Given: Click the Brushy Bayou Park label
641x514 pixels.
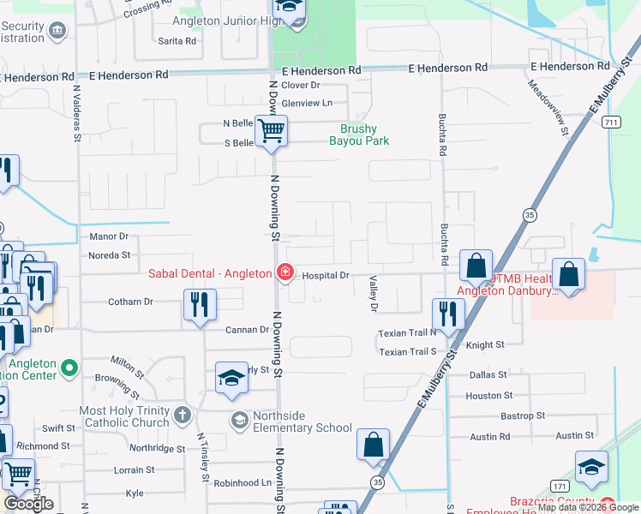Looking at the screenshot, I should (359, 135).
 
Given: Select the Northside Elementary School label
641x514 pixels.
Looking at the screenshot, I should (291, 427).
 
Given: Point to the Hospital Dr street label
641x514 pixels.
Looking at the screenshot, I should (326, 275).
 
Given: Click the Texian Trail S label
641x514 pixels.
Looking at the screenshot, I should (408, 352).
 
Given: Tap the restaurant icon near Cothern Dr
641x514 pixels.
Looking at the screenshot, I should (200, 304).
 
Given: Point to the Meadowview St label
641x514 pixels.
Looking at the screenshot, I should (548, 109).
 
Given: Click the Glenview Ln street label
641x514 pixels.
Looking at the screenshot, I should (306, 103).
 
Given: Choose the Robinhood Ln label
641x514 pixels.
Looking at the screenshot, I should (243, 483).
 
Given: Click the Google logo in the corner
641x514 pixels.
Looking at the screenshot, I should (29, 504).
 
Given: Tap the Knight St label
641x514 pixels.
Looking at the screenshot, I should (486, 345).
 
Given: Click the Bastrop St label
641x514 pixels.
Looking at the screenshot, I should (494, 416).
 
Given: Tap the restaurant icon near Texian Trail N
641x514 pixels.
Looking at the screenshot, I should (447, 313).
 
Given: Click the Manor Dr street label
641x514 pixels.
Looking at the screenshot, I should (108, 236).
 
